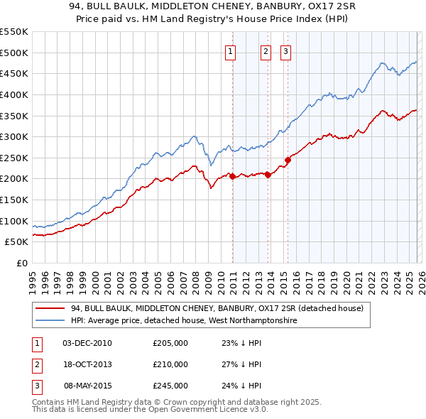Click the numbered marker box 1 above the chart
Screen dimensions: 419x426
click(x=231, y=50)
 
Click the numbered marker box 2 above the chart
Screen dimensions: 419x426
click(x=266, y=50)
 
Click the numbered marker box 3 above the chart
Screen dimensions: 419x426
click(x=285, y=50)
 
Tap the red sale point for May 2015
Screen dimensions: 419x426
click(x=288, y=160)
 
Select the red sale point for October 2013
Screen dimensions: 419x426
click(x=268, y=175)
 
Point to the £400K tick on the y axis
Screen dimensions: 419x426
click(x=14, y=94)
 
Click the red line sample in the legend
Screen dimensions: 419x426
click(x=50, y=308)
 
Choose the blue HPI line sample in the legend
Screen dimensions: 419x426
click(x=50, y=321)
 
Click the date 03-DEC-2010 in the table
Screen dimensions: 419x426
click(x=87, y=343)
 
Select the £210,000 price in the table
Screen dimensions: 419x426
click(x=170, y=364)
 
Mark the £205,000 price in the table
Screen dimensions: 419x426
click(x=170, y=343)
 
